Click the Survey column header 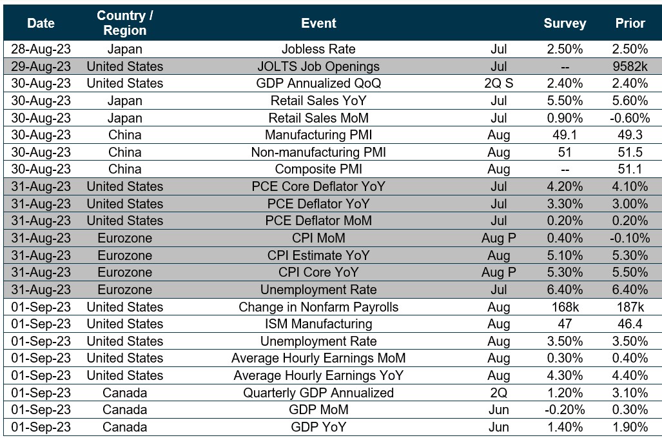tap(565, 23)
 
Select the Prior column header tap(630, 23)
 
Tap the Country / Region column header tap(124, 23)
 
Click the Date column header tap(41, 23)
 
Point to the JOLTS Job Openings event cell tap(318, 66)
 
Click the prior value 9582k tap(630, 66)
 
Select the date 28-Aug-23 tap(41, 49)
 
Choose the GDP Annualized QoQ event tap(318, 83)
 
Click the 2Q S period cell tap(495, 83)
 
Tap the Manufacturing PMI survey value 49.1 tap(565, 135)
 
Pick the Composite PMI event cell tap(318, 169)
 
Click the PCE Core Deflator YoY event tap(318, 186)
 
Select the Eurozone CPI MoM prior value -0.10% tap(630, 238)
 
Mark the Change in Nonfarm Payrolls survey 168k tap(565, 307)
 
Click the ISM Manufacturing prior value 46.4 tap(630, 324)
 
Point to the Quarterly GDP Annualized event tap(318, 393)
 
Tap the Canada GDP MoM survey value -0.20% tap(565, 410)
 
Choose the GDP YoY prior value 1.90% tap(630, 427)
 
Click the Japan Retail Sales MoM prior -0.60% tap(630, 117)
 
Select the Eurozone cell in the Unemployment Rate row tap(124, 290)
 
